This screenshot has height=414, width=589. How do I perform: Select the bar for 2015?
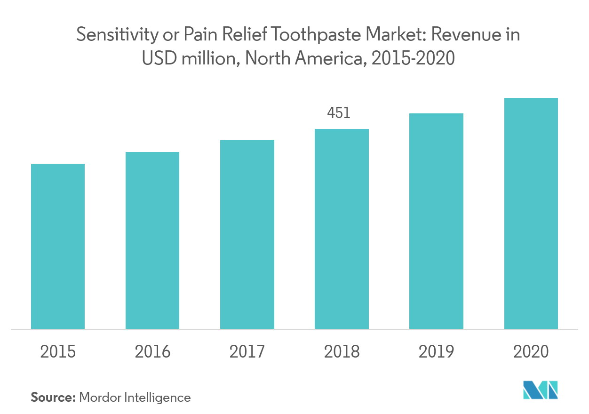(58, 246)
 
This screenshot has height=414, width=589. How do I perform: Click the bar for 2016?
(152, 240)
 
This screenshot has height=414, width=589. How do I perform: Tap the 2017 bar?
(247, 234)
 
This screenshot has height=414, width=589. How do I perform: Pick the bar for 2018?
(342, 229)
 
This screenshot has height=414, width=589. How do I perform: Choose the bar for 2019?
(436, 221)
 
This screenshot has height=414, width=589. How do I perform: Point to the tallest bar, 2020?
(531, 213)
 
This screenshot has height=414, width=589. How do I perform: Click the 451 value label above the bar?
(339, 113)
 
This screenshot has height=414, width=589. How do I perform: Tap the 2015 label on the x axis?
(58, 351)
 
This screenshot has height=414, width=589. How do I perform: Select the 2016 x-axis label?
(152, 351)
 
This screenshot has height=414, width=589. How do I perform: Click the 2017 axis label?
(247, 351)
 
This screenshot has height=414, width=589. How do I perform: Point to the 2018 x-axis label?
(342, 351)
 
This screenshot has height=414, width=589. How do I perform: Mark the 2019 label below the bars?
(436, 351)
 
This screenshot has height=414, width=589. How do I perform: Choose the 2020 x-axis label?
(531, 351)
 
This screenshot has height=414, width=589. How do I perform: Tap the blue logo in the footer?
(540, 390)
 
